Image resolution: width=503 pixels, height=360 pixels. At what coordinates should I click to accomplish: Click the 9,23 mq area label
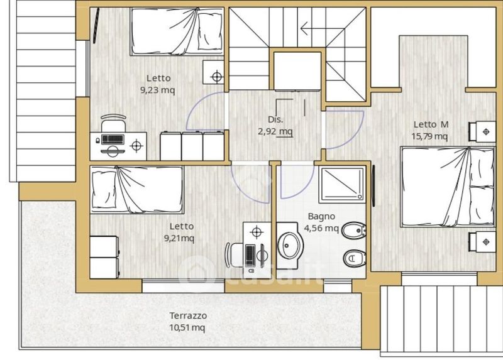[x=158, y=90]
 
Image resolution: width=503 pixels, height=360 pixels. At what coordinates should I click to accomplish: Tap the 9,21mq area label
[x=179, y=238]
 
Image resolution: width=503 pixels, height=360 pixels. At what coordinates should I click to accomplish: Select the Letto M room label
[x=431, y=124]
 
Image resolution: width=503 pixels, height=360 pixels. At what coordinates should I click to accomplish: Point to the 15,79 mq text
[x=429, y=136]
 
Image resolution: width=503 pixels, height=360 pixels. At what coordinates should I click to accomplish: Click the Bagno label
[x=321, y=217]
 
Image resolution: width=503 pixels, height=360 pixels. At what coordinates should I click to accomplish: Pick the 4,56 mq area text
[x=321, y=228]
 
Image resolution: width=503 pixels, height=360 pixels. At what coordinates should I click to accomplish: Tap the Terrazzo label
[x=188, y=316]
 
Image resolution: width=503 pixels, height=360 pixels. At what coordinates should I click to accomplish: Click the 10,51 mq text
[x=187, y=327]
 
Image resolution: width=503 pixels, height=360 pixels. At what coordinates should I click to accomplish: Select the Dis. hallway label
[x=275, y=119]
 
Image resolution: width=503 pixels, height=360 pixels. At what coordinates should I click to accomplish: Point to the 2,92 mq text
[x=275, y=131]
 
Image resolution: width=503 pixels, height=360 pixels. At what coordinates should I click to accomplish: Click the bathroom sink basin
[x=289, y=246]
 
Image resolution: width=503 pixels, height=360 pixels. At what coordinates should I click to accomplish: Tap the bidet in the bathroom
[x=354, y=230]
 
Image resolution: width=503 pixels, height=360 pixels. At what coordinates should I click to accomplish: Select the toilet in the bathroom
[x=355, y=258]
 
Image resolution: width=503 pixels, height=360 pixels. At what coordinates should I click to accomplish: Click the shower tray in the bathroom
[x=342, y=184]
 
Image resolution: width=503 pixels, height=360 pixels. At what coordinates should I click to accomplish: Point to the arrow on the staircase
[x=323, y=28]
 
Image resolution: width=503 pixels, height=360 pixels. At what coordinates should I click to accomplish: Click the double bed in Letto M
[x=447, y=187]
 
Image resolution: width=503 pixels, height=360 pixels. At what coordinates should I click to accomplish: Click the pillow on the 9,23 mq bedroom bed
[x=210, y=31]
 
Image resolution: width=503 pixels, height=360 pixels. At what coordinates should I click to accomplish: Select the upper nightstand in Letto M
[x=482, y=131]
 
